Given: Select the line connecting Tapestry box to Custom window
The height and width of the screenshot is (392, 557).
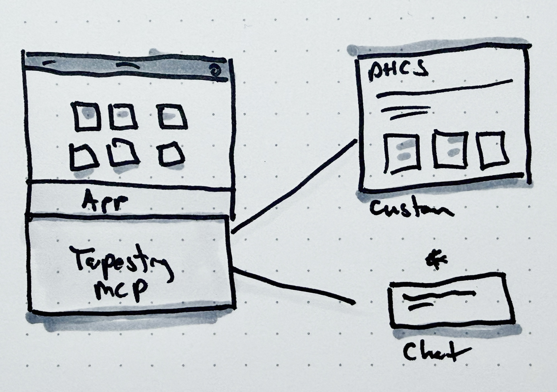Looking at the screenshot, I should click(x=294, y=187).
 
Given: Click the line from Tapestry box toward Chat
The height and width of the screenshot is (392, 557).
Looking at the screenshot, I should click(x=294, y=285).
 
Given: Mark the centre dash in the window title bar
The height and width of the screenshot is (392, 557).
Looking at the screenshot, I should click(x=128, y=66).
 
